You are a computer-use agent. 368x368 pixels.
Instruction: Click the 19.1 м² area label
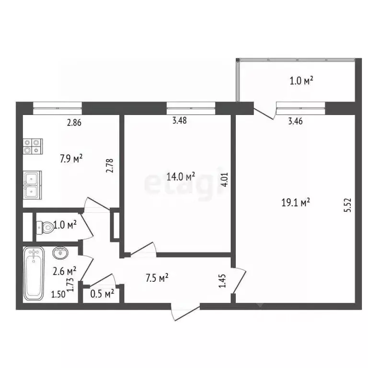[x=296, y=203]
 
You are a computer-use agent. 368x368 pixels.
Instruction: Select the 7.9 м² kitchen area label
[x=71, y=158]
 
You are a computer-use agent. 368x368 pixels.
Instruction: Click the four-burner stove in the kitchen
[x=32, y=146]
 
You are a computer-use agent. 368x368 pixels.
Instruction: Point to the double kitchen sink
[x=33, y=185]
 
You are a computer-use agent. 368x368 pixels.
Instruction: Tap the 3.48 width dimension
[x=179, y=121]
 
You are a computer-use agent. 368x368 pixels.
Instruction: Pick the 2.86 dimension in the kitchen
[x=74, y=123]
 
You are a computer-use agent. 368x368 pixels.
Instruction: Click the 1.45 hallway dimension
[x=222, y=280]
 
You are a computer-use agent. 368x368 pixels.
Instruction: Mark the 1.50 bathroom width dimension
[x=58, y=294]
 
